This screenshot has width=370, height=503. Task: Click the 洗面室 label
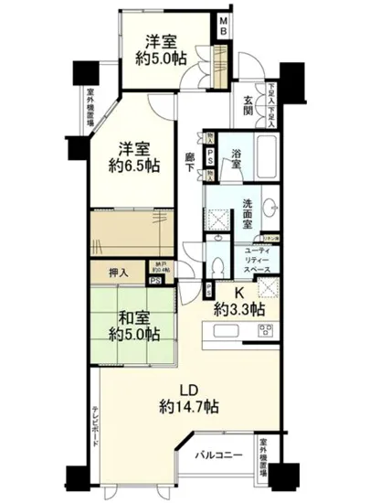coord(248,211)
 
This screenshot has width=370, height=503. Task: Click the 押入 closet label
coord(120,272)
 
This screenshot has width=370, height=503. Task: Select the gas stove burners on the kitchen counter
coord(267,328)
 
